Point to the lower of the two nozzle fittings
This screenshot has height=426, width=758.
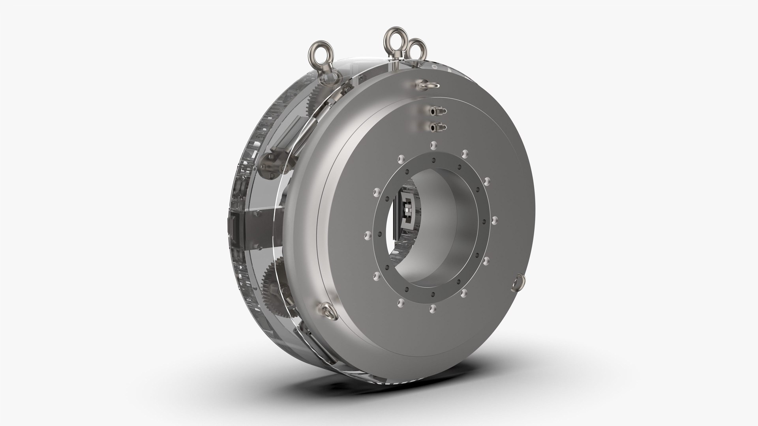tap(438, 127)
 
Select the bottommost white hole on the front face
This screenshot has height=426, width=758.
tap(433, 306)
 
